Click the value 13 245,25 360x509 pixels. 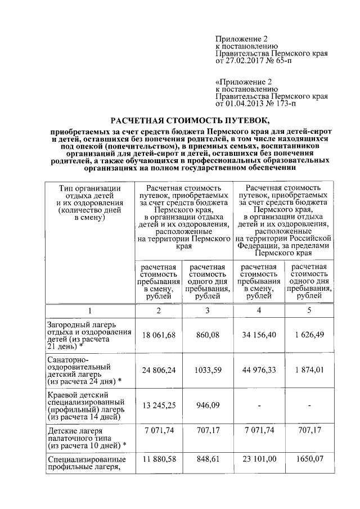click(159, 404)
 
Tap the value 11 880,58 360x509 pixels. click(159, 461)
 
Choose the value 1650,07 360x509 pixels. click(309, 461)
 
